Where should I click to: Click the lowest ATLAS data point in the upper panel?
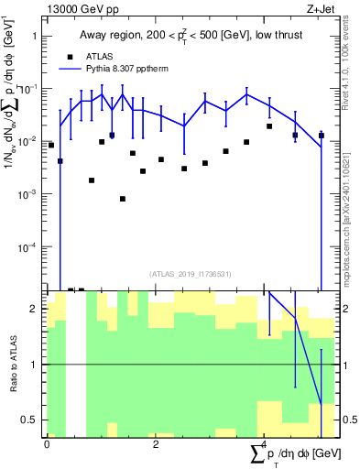(122, 199)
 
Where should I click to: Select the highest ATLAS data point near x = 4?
(269, 126)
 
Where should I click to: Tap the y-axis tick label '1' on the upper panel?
(35, 36)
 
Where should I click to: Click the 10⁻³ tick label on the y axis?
(30, 194)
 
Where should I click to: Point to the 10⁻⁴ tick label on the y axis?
(30, 247)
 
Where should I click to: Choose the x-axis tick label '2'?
(156, 443)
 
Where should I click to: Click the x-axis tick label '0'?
(47, 443)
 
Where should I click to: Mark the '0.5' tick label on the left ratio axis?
(32, 420)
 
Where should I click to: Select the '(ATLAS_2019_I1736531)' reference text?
(185, 274)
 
